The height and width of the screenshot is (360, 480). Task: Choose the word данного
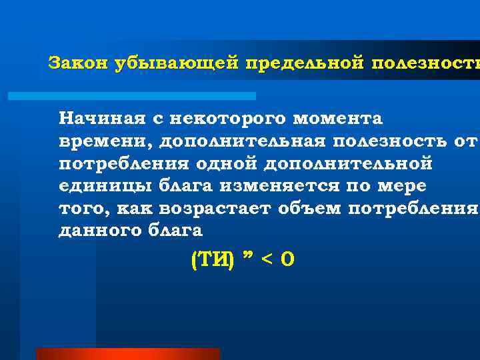99,231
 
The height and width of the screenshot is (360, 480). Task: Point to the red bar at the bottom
127,354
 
